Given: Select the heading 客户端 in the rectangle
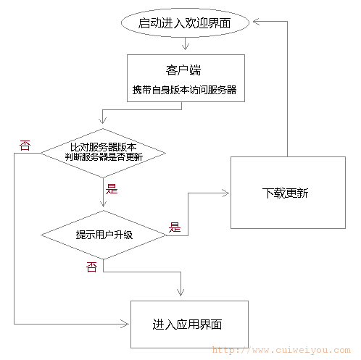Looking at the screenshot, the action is point(183,70).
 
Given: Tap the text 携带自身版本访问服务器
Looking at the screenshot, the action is point(184,90).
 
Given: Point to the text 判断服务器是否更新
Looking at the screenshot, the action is point(104,157).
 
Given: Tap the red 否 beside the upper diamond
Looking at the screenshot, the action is point(25,146).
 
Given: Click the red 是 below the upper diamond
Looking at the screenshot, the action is point(112,189).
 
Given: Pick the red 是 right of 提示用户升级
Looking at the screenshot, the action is point(175,227).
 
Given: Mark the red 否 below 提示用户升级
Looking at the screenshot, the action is point(91,267).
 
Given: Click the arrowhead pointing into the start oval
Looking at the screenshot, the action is point(256,22).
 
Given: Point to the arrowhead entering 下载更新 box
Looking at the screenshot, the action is point(225,193).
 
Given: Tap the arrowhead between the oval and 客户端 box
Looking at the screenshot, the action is point(186,46).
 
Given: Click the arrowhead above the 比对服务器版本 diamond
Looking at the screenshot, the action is point(103,120).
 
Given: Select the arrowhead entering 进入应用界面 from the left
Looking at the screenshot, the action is point(125,324).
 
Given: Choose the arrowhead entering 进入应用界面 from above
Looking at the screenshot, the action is point(180,293).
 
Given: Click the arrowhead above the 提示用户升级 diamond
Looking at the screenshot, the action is point(103,204).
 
